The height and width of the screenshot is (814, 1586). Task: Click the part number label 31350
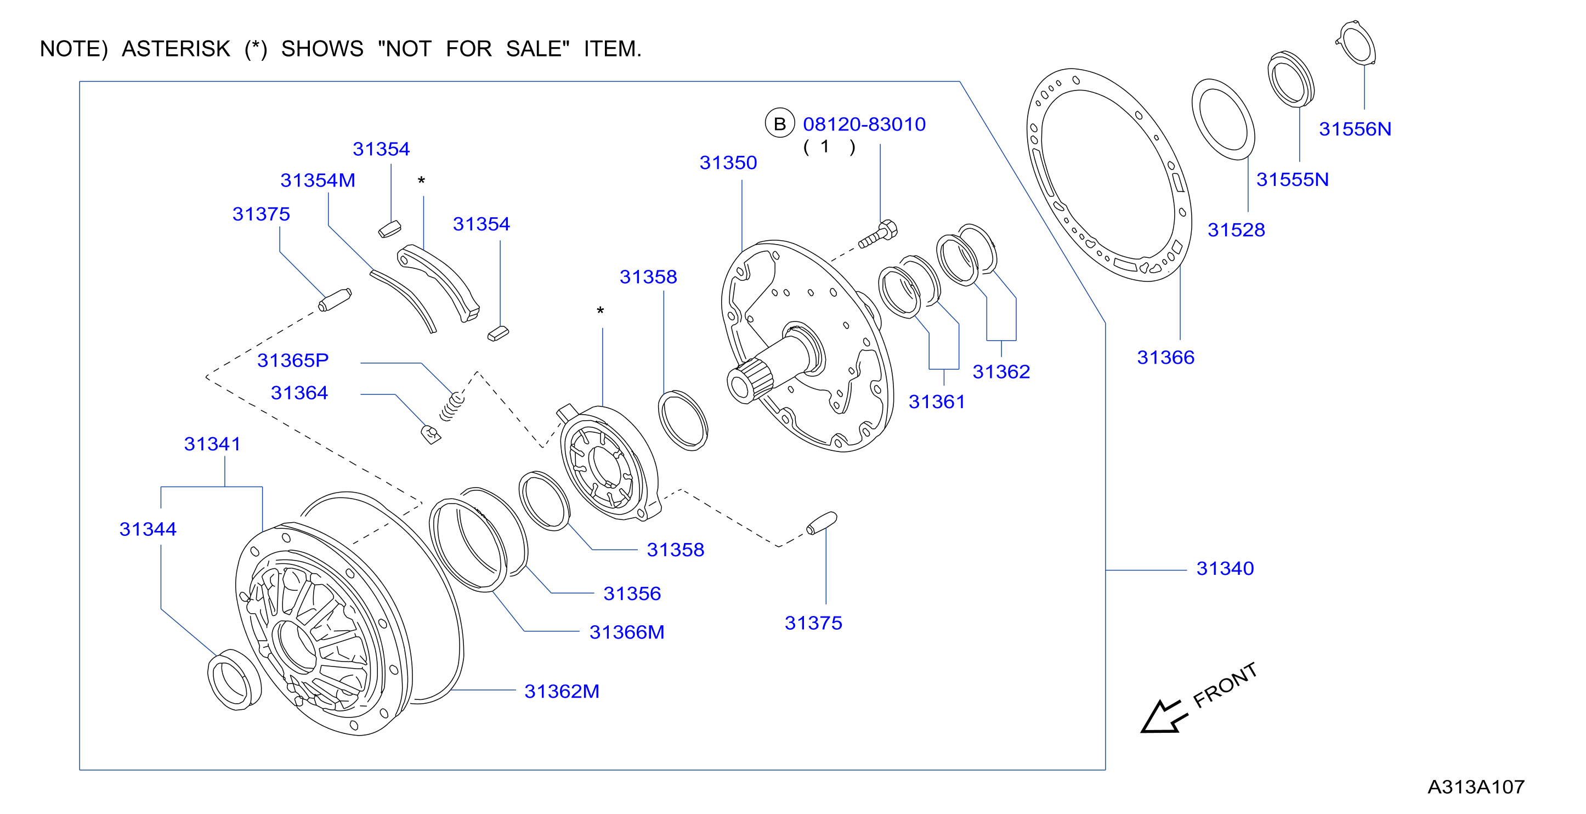728,162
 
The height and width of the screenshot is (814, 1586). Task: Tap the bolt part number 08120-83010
864,125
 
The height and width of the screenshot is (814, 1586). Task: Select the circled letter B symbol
779,124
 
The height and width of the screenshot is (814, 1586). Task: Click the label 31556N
1355,129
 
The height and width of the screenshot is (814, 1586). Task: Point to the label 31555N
1292,179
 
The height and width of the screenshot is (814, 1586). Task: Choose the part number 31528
1236,230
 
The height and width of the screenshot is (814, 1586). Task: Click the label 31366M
627,632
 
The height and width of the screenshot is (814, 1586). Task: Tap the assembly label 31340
1225,568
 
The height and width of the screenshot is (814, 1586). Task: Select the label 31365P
292,360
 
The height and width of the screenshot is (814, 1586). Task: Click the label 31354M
318,180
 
